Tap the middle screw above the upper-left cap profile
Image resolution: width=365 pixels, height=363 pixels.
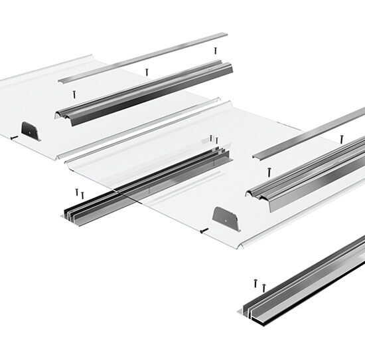[147, 71]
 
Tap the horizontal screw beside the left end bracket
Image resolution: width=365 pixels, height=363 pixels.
[13, 138]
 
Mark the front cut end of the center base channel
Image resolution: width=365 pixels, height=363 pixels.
[73, 215]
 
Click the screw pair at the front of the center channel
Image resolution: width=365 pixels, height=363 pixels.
[80, 193]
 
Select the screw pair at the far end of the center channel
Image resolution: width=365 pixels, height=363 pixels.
[214, 139]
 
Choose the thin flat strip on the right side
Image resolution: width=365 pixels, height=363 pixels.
[309, 133]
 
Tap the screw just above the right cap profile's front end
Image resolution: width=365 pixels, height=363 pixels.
[269, 172]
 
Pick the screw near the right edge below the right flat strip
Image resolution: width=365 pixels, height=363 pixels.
[342, 139]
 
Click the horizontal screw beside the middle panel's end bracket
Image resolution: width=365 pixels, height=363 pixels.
[204, 231]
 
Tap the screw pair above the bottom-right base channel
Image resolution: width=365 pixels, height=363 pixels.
[258, 285]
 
